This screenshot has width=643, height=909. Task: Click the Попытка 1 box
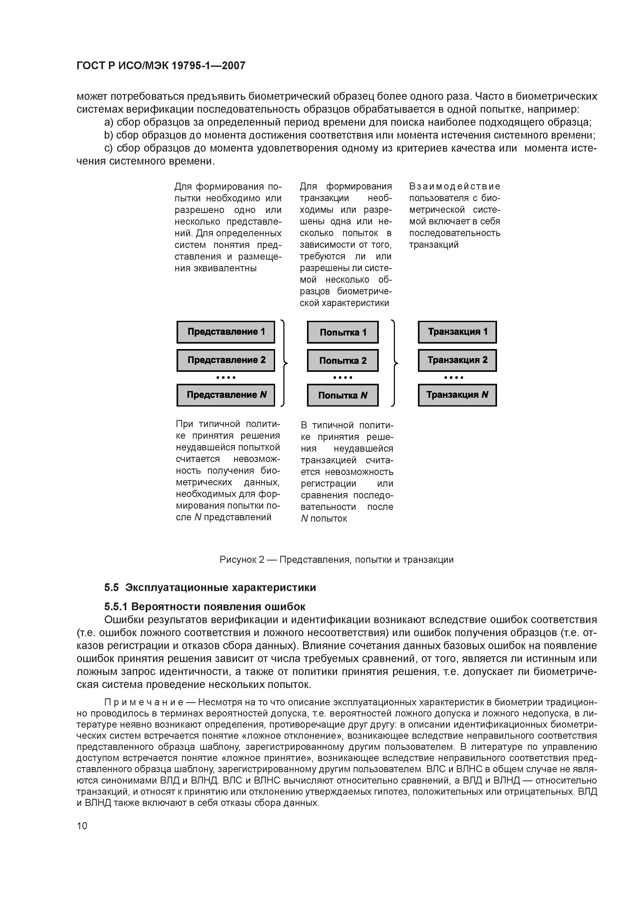coord(343,332)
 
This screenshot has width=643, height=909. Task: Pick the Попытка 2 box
coord(343,360)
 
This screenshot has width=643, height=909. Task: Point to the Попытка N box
coord(343,395)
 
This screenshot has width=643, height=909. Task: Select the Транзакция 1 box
coord(457,332)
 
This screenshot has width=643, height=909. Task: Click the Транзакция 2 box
coord(457,360)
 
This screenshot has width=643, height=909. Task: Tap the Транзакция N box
coord(457,395)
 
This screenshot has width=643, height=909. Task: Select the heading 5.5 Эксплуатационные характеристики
coord(210,587)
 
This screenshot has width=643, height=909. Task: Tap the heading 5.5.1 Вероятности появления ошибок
coord(205,607)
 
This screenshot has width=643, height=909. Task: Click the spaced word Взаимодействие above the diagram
coord(455,186)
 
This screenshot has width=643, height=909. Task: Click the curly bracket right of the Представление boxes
coord(284,363)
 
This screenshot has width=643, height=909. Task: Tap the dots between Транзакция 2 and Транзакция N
coord(454,377)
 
